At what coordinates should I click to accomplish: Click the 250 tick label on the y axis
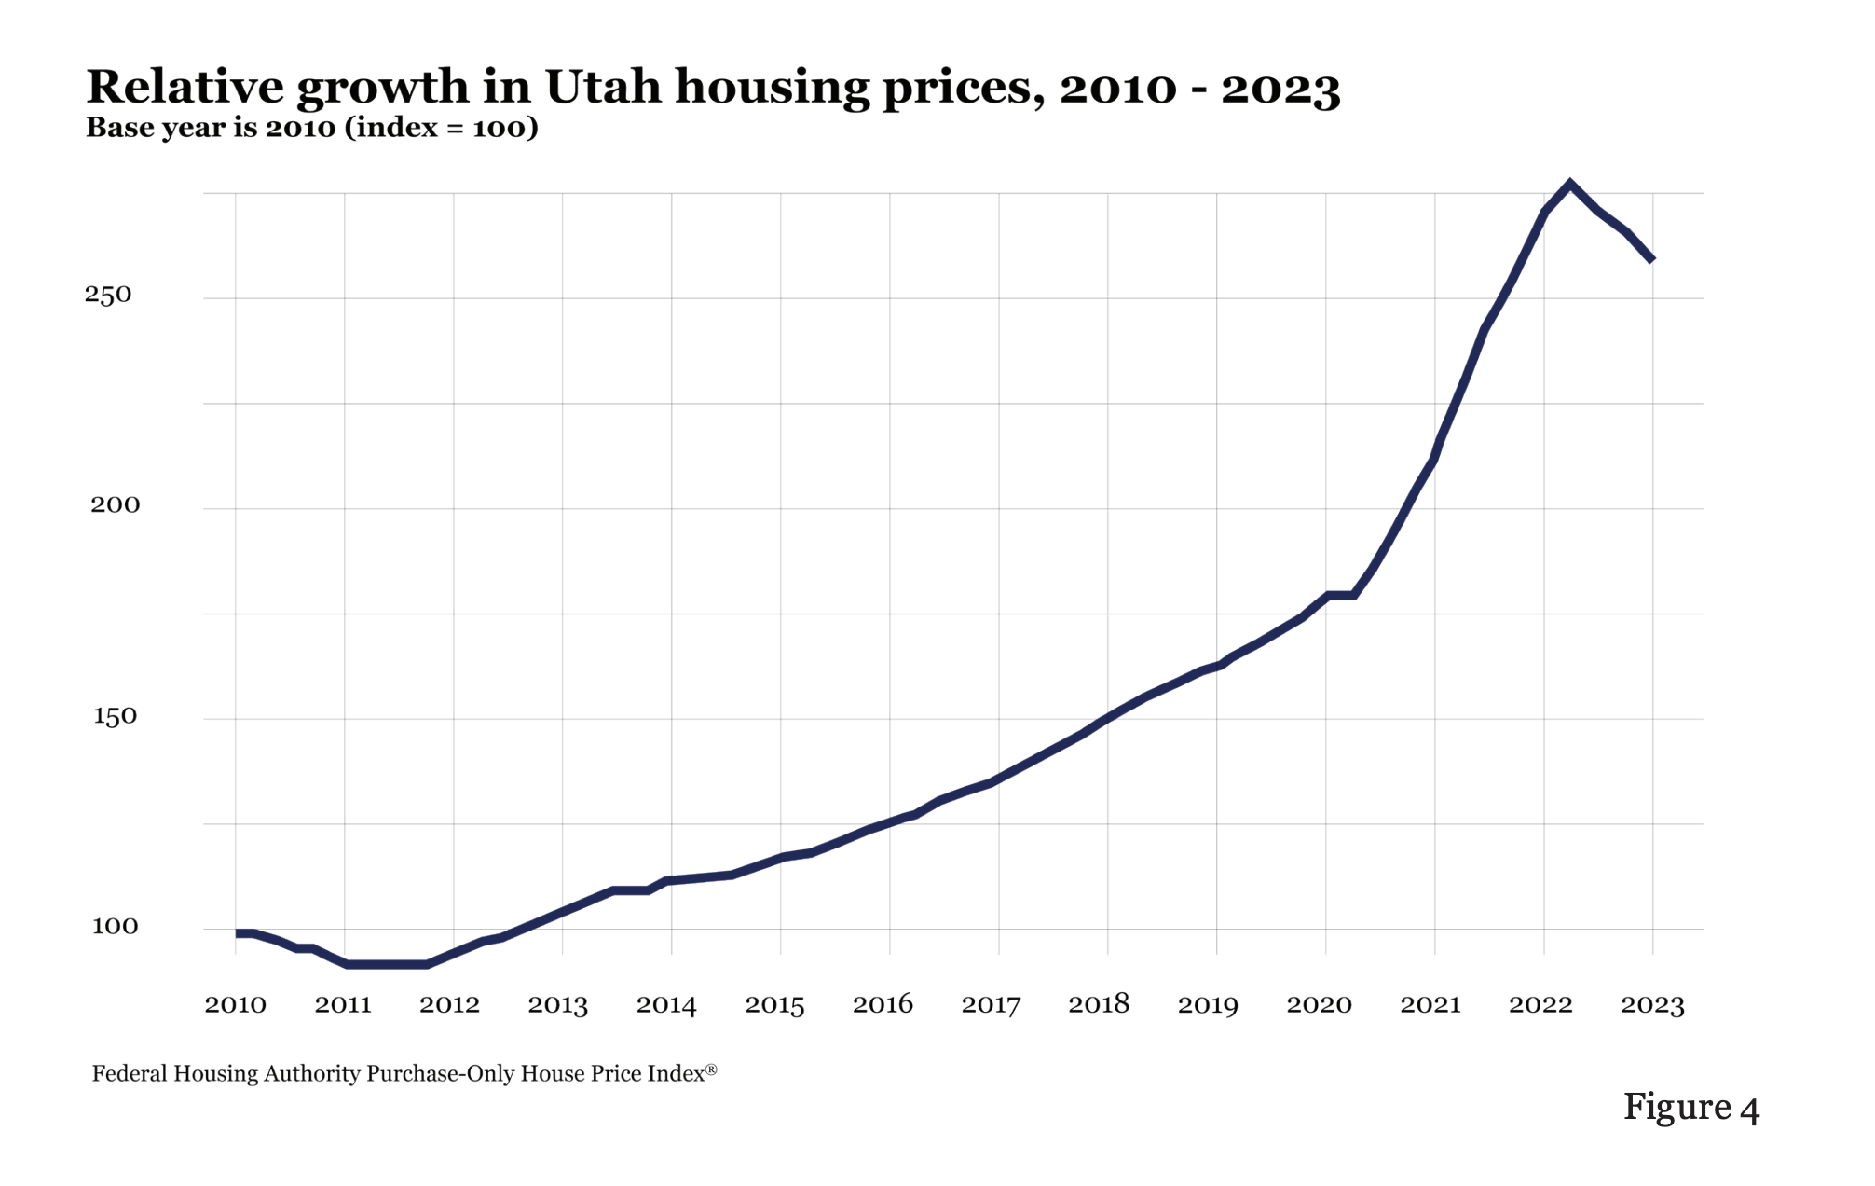click(x=108, y=295)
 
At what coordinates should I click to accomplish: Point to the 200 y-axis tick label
click(x=115, y=504)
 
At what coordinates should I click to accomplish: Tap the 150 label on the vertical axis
click(x=115, y=716)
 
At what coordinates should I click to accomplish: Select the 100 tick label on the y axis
click(x=115, y=926)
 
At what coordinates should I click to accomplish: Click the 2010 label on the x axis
click(x=235, y=1004)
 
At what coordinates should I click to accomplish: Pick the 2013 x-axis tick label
click(x=557, y=1004)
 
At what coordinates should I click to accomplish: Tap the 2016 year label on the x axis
click(x=883, y=1004)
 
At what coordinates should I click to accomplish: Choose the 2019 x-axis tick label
click(x=1208, y=1004)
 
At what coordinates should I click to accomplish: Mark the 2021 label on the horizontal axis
click(x=1430, y=1004)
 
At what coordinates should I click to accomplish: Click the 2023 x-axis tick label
click(x=1652, y=1004)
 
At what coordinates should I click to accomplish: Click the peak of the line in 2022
click(x=1570, y=184)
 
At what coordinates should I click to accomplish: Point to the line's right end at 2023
click(x=1652, y=260)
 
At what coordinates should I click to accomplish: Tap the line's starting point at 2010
click(x=239, y=933)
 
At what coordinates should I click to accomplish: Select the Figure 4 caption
click(x=1690, y=1107)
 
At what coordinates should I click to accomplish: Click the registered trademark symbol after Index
click(x=711, y=1069)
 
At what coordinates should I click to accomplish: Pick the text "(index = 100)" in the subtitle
click(x=441, y=128)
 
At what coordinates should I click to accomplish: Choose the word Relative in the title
click(x=185, y=88)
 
